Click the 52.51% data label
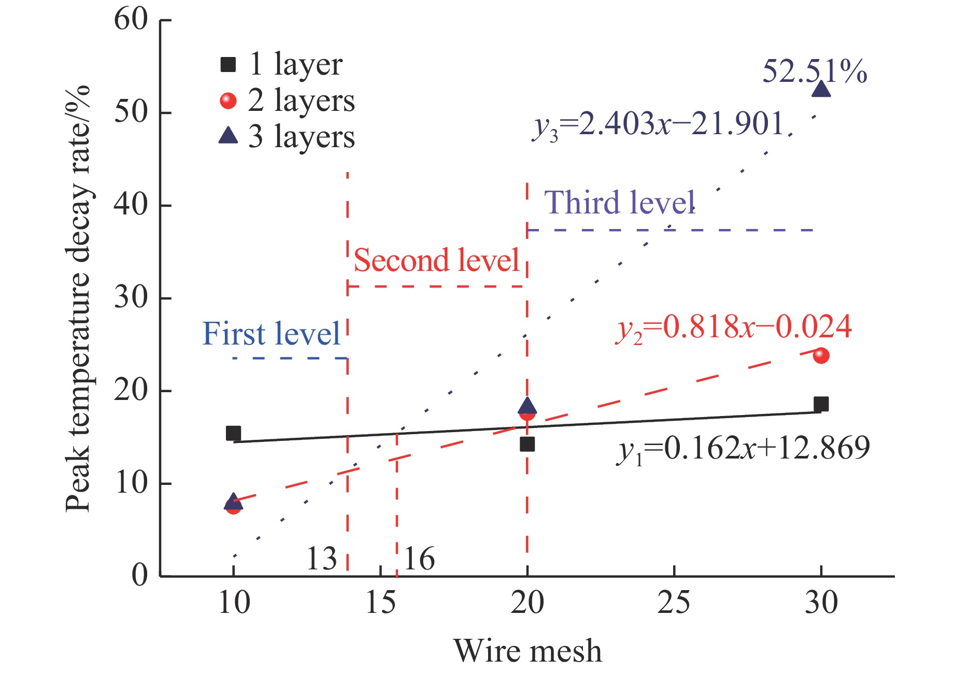coord(814,71)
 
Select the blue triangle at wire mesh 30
coord(821,90)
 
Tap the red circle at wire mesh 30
coord(821,355)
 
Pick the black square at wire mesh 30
coord(821,404)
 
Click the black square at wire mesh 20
coord(527,444)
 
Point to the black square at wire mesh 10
coord(233,433)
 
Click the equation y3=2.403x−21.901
coord(658,125)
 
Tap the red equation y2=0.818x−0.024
coord(733,328)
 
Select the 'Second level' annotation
coord(436,260)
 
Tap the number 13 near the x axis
coord(321,559)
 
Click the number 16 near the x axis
coord(419,559)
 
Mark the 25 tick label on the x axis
coord(674,603)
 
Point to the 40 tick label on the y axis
coord(131,205)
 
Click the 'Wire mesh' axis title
coord(528,651)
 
